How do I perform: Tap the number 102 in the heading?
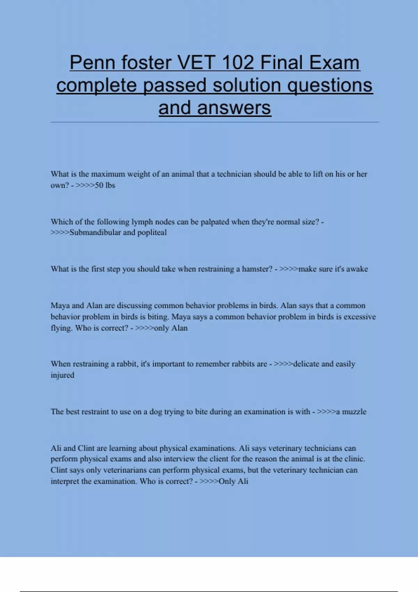click(238, 63)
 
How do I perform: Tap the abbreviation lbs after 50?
click(110, 185)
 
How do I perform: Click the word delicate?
click(306, 364)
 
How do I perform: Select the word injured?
click(62, 375)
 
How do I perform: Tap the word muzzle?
click(354, 412)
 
